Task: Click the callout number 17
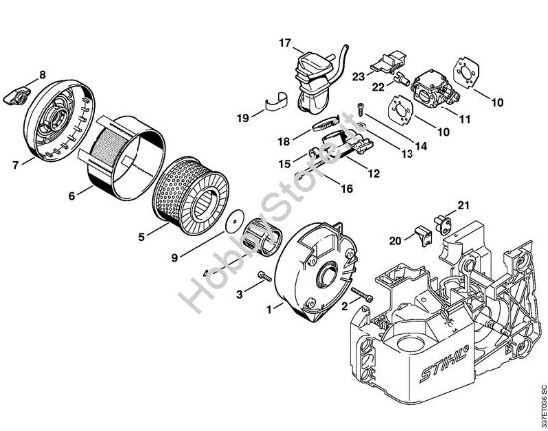(284, 43)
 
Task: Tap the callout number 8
(42, 75)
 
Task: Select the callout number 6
(72, 196)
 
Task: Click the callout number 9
(176, 257)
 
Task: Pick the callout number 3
(240, 294)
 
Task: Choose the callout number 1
(267, 310)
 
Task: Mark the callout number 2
(344, 307)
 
